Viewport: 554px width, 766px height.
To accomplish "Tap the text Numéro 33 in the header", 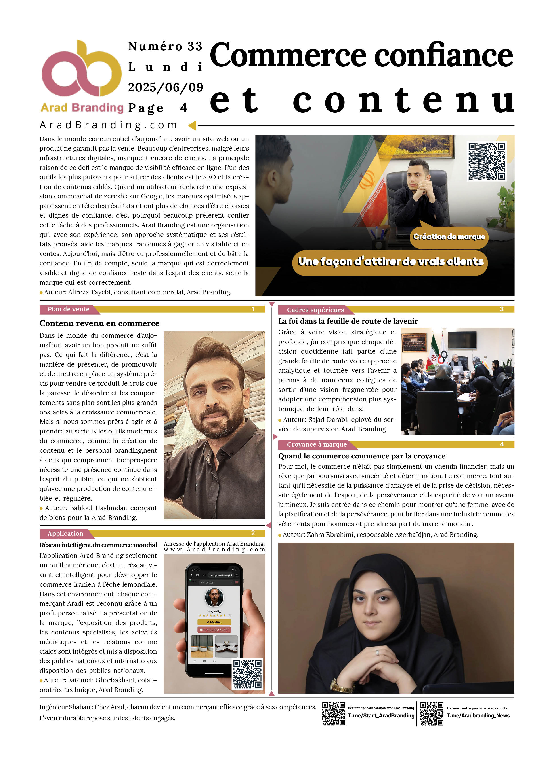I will pyautogui.click(x=165, y=46).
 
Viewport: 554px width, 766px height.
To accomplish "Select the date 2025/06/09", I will pyautogui.click(x=165, y=87).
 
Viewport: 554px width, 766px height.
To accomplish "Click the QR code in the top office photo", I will pyautogui.click(x=487, y=161).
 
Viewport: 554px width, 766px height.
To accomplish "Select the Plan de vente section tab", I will pyautogui.click(x=69, y=309).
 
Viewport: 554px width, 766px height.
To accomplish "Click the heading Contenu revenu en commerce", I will pyautogui.click(x=100, y=324).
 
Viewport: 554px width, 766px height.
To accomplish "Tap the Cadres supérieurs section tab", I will pyautogui.click(x=315, y=310).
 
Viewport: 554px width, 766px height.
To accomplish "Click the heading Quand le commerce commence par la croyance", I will pyautogui.click(x=362, y=456).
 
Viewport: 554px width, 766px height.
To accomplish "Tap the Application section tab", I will pyautogui.click(x=65, y=534).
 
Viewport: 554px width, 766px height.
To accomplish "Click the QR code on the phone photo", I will pyautogui.click(x=247, y=675).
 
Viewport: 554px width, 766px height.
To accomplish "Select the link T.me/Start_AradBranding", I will pyautogui.click(x=381, y=716).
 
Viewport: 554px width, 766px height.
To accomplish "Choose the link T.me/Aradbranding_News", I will pyautogui.click(x=478, y=716).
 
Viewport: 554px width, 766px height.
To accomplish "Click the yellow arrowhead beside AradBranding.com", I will pyautogui.click(x=192, y=126).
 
